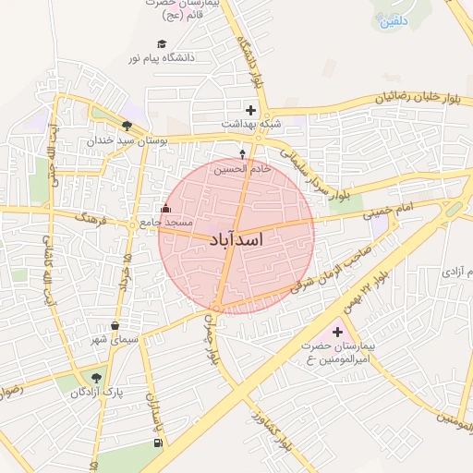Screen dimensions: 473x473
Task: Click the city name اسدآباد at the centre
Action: pos(237,240)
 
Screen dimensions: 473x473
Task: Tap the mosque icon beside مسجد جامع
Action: pos(166,209)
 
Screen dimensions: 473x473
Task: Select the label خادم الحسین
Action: pos(243,169)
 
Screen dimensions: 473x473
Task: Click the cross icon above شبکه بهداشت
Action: pos(250,110)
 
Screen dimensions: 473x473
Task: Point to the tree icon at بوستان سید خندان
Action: pos(126,127)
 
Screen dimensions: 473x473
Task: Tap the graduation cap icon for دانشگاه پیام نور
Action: pos(163,44)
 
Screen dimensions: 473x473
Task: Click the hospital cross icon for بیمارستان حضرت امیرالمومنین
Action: pos(336,332)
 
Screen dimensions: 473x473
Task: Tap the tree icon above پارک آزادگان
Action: pos(96,378)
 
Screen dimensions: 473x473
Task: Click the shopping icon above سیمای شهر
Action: pos(115,325)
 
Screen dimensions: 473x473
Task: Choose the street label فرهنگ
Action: pos(95,221)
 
